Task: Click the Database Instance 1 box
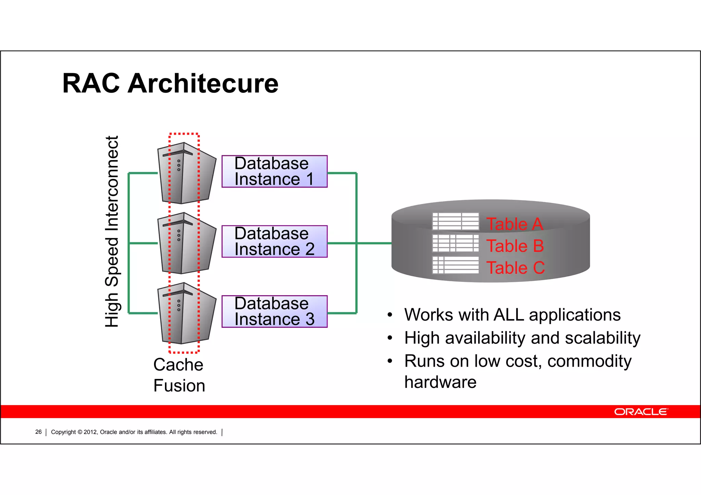(x=274, y=171)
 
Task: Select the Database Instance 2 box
(x=274, y=242)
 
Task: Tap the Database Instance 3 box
(x=274, y=311)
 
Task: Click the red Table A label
(x=515, y=224)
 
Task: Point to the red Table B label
(x=515, y=246)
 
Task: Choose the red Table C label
(x=515, y=268)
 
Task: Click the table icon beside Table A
(x=456, y=221)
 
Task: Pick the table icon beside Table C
(x=456, y=265)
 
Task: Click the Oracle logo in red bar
(x=641, y=412)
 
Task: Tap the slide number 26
(x=38, y=432)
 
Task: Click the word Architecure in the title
(x=203, y=83)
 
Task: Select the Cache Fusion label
(x=179, y=375)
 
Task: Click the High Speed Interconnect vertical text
(x=112, y=231)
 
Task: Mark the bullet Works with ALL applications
(x=512, y=315)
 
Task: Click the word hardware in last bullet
(x=440, y=382)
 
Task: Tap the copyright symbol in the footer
(x=80, y=432)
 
